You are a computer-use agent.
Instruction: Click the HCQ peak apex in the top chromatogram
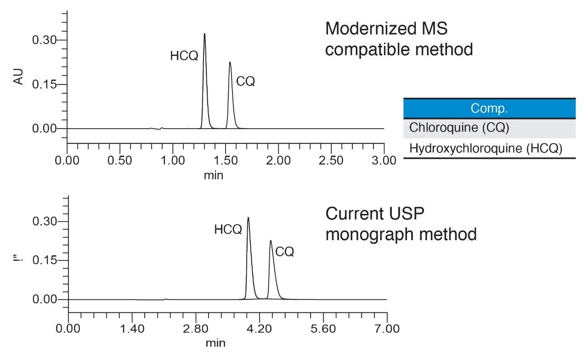(x=204, y=34)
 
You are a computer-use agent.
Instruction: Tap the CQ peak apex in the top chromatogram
(x=230, y=62)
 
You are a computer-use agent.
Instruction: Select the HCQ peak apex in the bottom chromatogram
(x=248, y=218)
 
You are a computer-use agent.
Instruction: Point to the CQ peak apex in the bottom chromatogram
(x=271, y=241)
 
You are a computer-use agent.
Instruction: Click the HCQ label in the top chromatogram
(x=184, y=56)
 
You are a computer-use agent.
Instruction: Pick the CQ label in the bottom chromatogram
(x=284, y=252)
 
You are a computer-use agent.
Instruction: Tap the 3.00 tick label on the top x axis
(x=384, y=160)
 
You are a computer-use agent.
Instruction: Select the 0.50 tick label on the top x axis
(x=120, y=160)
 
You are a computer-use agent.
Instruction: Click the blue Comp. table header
(x=489, y=109)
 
